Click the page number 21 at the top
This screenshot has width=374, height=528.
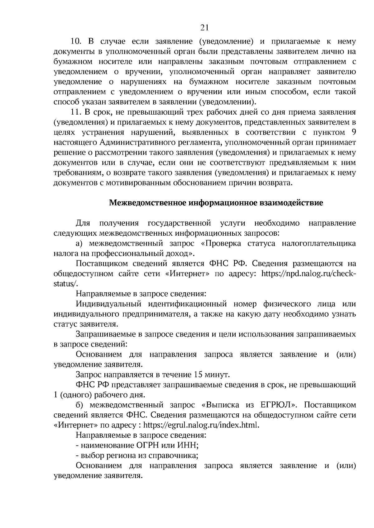tap(204, 28)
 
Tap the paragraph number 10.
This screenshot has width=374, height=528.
tap(76, 42)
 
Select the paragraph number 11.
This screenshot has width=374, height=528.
tap(76, 112)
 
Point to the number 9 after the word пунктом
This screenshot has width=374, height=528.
tap(353, 132)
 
